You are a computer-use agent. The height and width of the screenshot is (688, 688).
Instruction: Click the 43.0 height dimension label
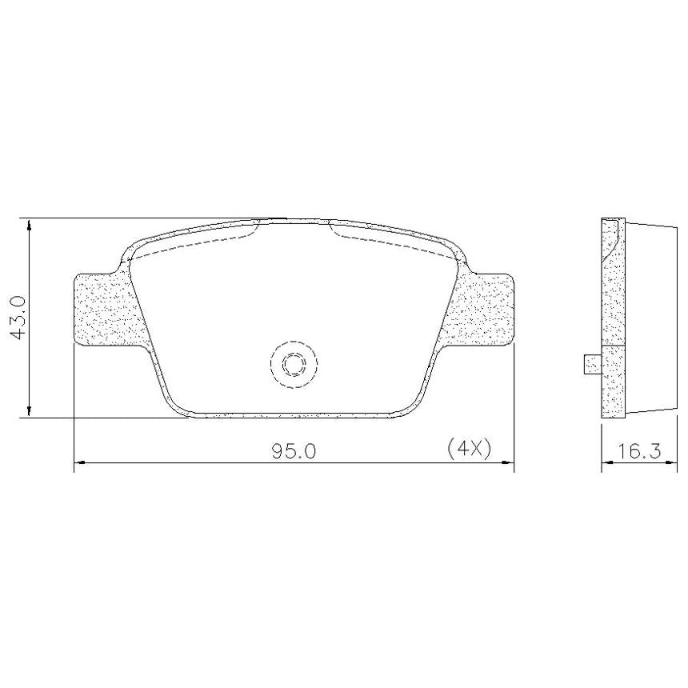18,318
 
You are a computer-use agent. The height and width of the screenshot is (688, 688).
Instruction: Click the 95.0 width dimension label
293,451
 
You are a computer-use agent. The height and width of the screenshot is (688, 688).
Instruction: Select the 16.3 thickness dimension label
639,451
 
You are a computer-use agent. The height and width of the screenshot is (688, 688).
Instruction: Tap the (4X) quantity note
468,449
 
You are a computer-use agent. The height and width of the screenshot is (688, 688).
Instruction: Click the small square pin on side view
592,364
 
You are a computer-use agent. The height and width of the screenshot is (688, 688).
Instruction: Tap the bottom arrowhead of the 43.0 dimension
30,410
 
